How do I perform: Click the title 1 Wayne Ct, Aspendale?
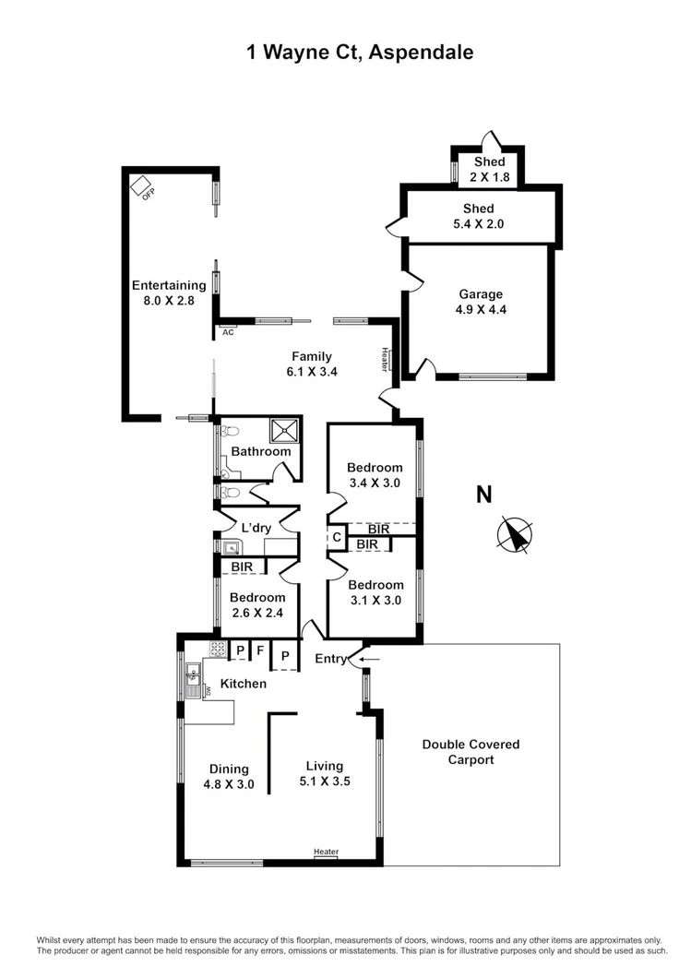360,53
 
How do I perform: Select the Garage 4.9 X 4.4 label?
483,303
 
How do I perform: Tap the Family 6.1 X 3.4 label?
312,364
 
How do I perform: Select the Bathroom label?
261,451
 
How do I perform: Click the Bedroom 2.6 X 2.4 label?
257,603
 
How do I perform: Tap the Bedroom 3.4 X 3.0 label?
375,474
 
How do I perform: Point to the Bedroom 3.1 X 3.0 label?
375,591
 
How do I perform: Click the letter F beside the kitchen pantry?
261,650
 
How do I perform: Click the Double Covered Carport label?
471,752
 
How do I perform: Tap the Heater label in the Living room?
326,852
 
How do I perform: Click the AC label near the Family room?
228,332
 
